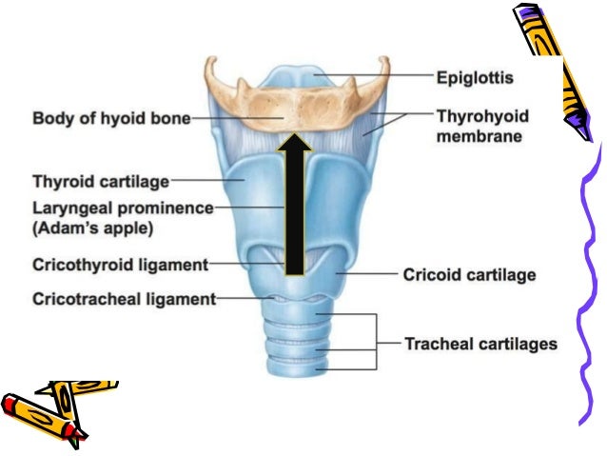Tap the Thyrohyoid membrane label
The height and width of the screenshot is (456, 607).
[482, 126]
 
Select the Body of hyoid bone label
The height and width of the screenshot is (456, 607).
[111, 119]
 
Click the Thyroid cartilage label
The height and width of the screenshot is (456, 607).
[101, 180]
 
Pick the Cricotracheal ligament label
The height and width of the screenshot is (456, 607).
[124, 298]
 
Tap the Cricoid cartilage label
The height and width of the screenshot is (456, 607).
[470, 275]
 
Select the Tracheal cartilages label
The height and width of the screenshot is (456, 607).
[480, 343]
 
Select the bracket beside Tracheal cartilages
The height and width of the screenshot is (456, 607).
[375, 342]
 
